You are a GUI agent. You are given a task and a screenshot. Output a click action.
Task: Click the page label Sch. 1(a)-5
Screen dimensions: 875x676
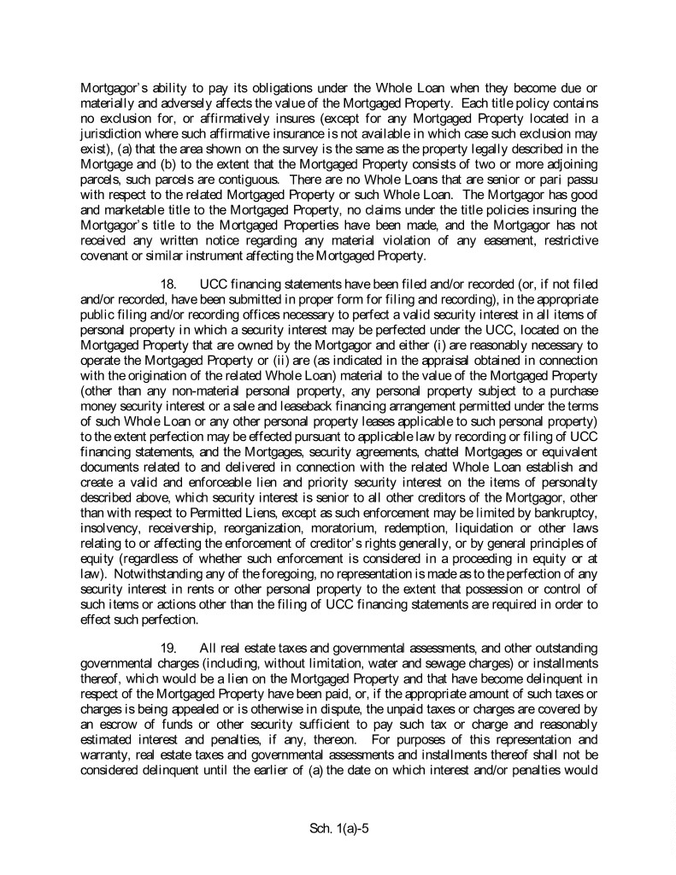[338, 828]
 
